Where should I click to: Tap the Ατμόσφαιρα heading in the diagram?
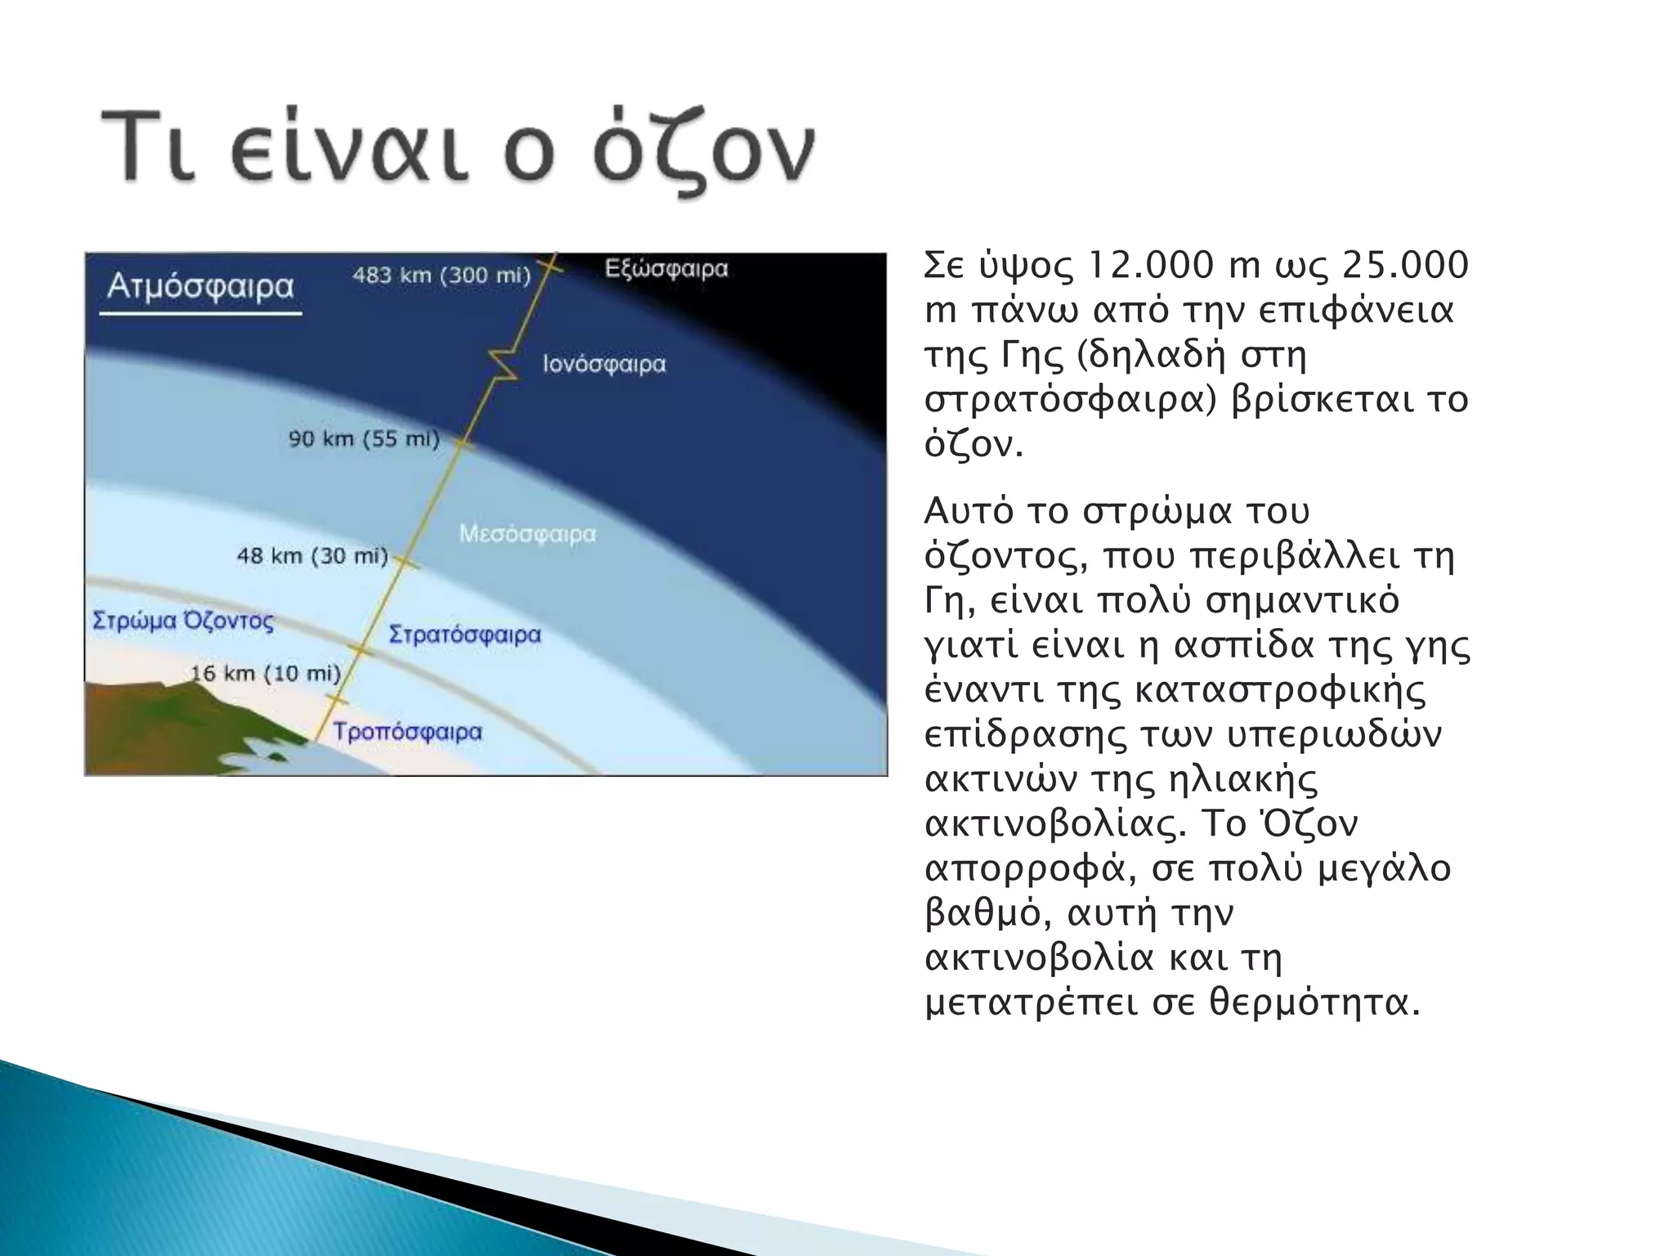click(200, 287)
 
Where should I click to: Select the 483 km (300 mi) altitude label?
click(441, 276)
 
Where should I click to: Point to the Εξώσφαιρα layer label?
click(666, 269)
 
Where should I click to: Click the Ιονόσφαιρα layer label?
click(604, 364)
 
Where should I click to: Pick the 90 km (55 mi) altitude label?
click(364, 439)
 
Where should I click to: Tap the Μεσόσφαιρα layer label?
click(527, 534)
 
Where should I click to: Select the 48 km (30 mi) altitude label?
click(312, 556)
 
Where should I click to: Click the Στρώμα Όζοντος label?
click(183, 621)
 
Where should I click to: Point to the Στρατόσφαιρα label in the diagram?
click(464, 635)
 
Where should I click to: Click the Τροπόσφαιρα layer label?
click(407, 732)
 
